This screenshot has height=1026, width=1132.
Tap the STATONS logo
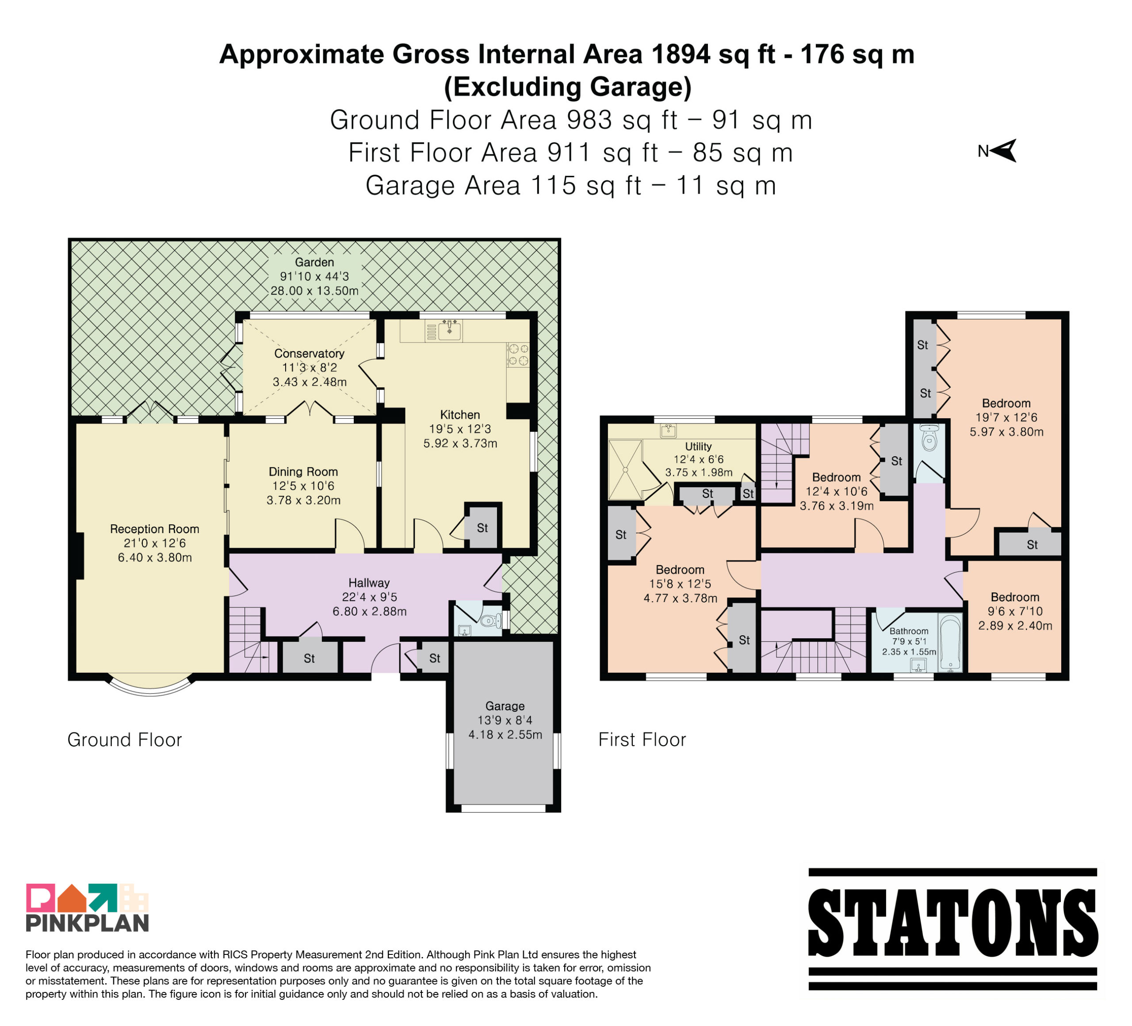pos(952,929)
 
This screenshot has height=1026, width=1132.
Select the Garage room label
pos(505,706)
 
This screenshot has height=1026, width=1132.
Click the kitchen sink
pos(449,331)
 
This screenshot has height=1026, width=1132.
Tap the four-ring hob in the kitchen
pos(518,354)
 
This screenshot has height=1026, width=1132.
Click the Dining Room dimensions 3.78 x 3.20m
pos(303,500)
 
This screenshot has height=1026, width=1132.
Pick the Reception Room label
pos(154,529)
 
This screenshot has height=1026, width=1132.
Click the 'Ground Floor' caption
pos(125,740)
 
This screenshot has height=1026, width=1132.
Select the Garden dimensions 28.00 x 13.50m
pos(314,291)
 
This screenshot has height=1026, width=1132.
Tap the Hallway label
pos(369,583)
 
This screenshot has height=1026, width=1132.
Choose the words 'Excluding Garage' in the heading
pos(568,87)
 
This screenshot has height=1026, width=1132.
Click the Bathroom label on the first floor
pos(909,631)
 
